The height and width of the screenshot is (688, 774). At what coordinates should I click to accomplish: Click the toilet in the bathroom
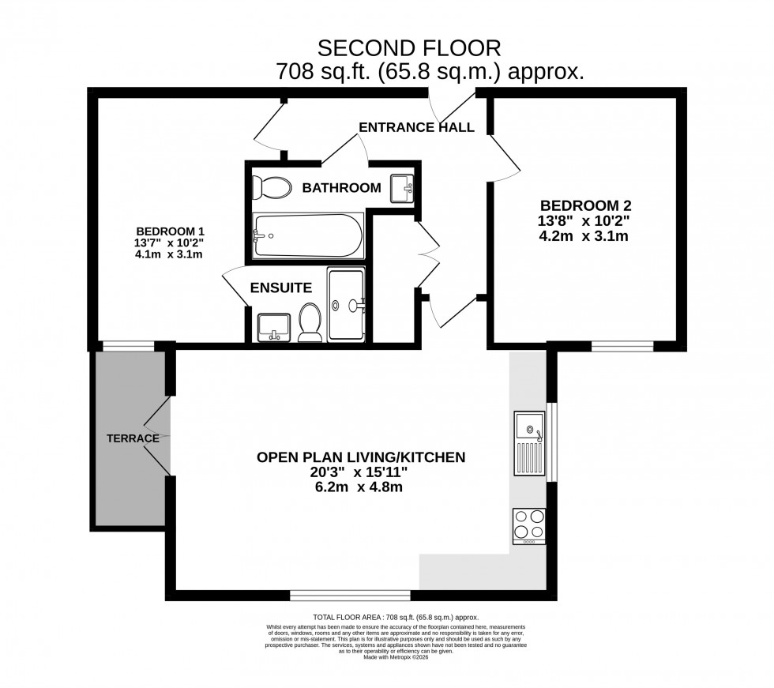pyautogui.click(x=268, y=187)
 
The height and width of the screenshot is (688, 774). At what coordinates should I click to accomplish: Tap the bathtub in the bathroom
pyautogui.click(x=308, y=235)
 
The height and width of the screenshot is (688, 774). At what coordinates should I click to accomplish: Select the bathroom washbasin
pyautogui.click(x=403, y=189)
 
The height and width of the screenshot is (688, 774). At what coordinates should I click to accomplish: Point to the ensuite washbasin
pyautogui.click(x=272, y=325)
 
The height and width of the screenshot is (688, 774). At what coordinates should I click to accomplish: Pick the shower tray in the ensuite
pyautogui.click(x=346, y=304)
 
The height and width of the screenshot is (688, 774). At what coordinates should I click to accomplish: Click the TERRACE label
pyautogui.click(x=130, y=438)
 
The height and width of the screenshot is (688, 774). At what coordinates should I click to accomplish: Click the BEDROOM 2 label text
pyautogui.click(x=585, y=205)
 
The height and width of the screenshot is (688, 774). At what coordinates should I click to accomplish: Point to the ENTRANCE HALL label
pyautogui.click(x=416, y=127)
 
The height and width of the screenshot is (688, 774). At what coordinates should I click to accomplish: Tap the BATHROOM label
pyautogui.click(x=341, y=188)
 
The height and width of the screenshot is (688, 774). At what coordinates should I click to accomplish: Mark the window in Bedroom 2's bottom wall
pyautogui.click(x=622, y=345)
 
